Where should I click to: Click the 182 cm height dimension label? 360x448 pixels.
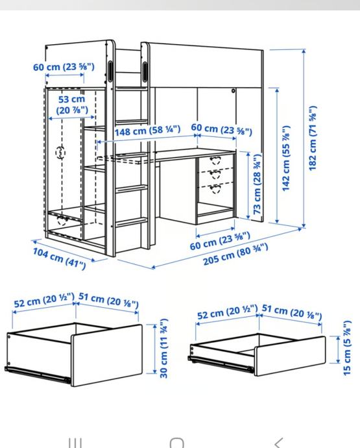pos(313,138)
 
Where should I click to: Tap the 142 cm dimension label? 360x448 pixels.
pos(286,158)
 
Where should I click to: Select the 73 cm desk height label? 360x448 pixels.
pos(258,184)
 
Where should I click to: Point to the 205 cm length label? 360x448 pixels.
pos(235,255)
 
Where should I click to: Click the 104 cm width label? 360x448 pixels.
pos(60,258)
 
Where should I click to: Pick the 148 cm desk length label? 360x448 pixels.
pos(148,131)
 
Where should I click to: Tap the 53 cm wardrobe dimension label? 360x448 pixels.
pos(72,105)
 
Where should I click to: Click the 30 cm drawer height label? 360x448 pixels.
pos(163,349)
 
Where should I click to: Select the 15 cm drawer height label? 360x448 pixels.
pos(346,348)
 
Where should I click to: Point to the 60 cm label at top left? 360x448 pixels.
pos(64,67)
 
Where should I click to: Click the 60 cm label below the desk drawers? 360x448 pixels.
pos(220,241)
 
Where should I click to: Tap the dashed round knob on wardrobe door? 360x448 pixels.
pos(60,153)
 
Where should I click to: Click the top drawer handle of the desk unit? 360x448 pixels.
pos(215,160)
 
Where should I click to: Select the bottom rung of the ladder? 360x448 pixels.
pos(131,222)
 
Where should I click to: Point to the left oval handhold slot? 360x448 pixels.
pos(110,69)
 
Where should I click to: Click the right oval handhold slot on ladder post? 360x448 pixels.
pos(145,71)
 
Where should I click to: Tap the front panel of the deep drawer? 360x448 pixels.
pos(107,355)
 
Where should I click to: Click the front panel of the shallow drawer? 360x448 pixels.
pos(290,356)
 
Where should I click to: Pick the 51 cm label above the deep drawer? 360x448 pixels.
pos(108,300)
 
